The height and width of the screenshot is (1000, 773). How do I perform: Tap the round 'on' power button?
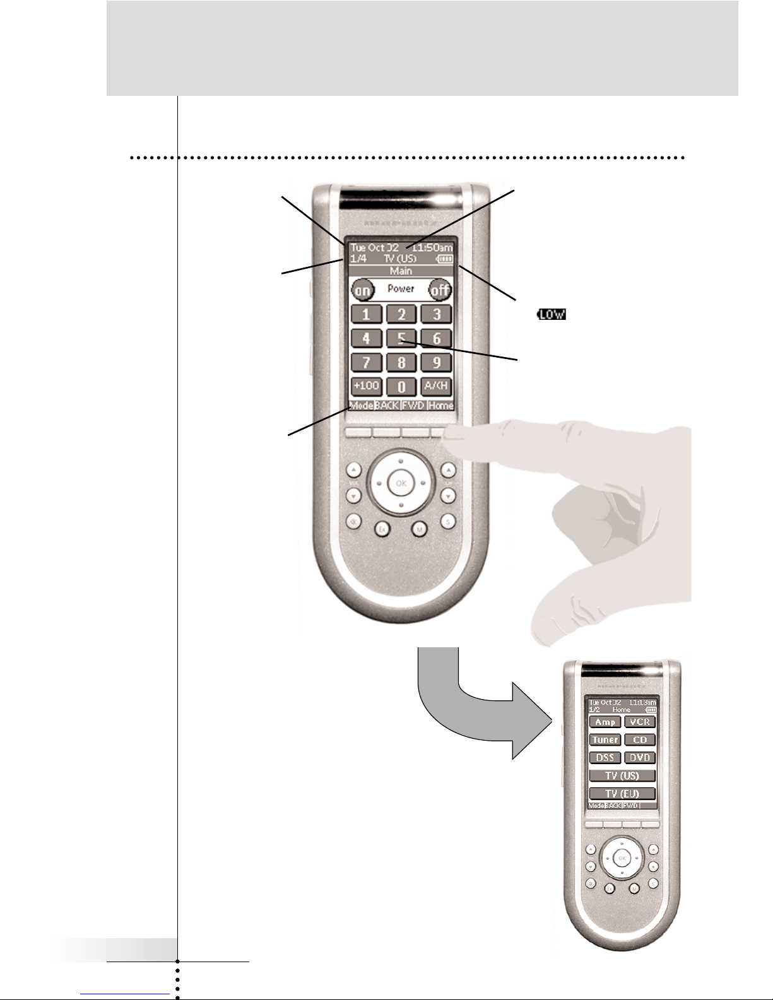363,290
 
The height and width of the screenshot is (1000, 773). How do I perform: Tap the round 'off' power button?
439,290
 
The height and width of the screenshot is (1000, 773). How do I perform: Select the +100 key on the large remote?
366,385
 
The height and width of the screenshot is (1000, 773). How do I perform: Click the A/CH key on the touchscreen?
437,385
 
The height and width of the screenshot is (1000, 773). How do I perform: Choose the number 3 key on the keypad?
437,314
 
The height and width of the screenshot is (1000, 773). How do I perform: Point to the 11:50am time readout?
436,248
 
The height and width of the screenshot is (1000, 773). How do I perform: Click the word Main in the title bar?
401,271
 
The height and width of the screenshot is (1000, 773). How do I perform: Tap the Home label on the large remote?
440,405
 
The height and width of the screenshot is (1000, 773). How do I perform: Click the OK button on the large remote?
400,483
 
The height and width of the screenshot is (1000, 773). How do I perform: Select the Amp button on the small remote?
605,722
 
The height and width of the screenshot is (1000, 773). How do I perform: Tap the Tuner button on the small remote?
605,739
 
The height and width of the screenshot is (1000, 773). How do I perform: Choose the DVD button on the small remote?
640,758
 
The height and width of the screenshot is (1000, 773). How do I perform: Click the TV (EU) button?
622,793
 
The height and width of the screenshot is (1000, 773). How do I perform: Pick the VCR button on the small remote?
640,722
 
